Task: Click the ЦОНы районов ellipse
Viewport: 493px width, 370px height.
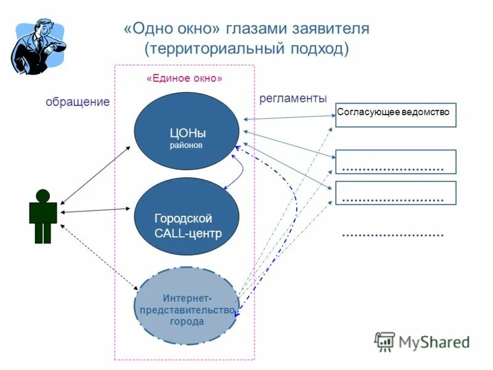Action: [187, 131]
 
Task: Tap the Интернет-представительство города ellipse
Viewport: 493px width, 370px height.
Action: [187, 306]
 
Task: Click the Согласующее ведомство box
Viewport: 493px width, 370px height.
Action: [396, 115]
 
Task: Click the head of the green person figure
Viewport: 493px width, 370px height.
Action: [43, 195]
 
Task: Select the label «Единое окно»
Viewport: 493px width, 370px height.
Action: [184, 78]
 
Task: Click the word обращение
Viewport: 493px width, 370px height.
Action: [77, 102]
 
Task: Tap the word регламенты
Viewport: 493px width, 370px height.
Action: [293, 99]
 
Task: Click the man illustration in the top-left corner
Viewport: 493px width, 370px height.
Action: [37, 46]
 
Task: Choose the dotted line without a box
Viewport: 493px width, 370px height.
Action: [393, 235]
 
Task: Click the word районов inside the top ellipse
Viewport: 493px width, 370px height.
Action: [186, 146]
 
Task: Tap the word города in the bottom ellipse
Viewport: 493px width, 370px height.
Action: [187, 321]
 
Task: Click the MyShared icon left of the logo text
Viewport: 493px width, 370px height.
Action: [385, 341]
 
